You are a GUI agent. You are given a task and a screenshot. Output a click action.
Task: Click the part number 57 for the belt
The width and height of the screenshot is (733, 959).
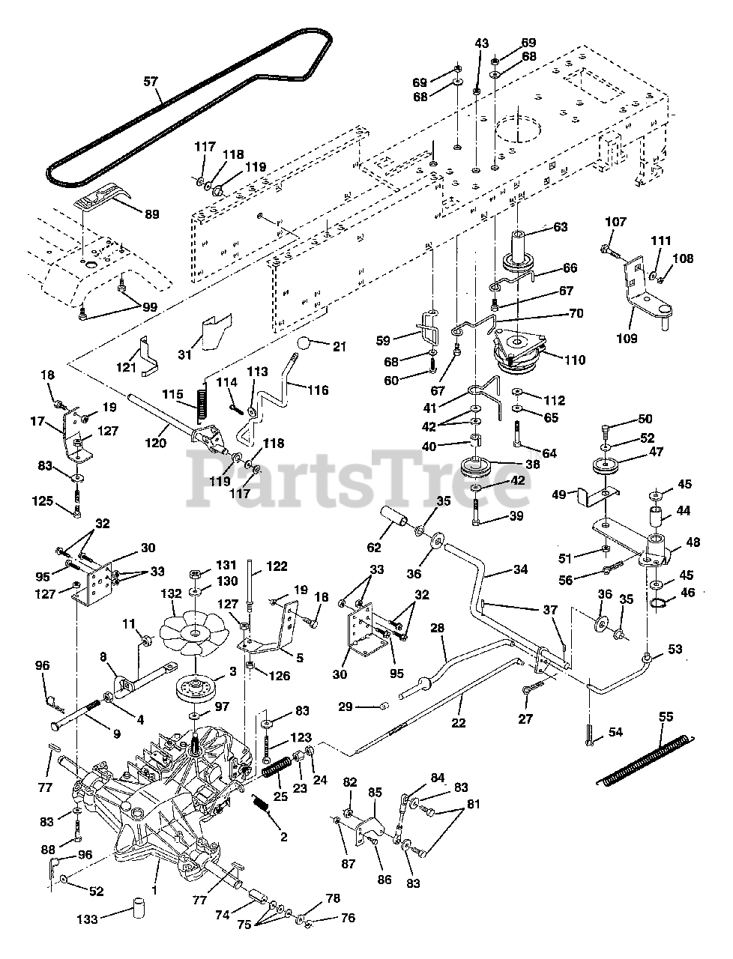click(151, 82)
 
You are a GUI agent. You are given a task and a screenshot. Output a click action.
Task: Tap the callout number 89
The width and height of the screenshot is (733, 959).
click(151, 215)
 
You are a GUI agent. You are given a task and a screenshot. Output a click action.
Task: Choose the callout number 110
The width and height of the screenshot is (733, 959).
click(575, 360)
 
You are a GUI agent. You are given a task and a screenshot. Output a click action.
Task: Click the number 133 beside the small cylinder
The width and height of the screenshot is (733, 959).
click(88, 919)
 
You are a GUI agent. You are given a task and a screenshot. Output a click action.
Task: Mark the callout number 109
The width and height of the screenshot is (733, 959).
click(627, 338)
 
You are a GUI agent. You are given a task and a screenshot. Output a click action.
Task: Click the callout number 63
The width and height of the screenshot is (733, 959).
click(560, 227)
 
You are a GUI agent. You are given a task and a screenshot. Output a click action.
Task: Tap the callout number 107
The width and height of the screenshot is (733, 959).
click(615, 222)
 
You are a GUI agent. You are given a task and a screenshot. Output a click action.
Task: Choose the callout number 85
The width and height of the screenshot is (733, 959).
click(375, 791)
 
